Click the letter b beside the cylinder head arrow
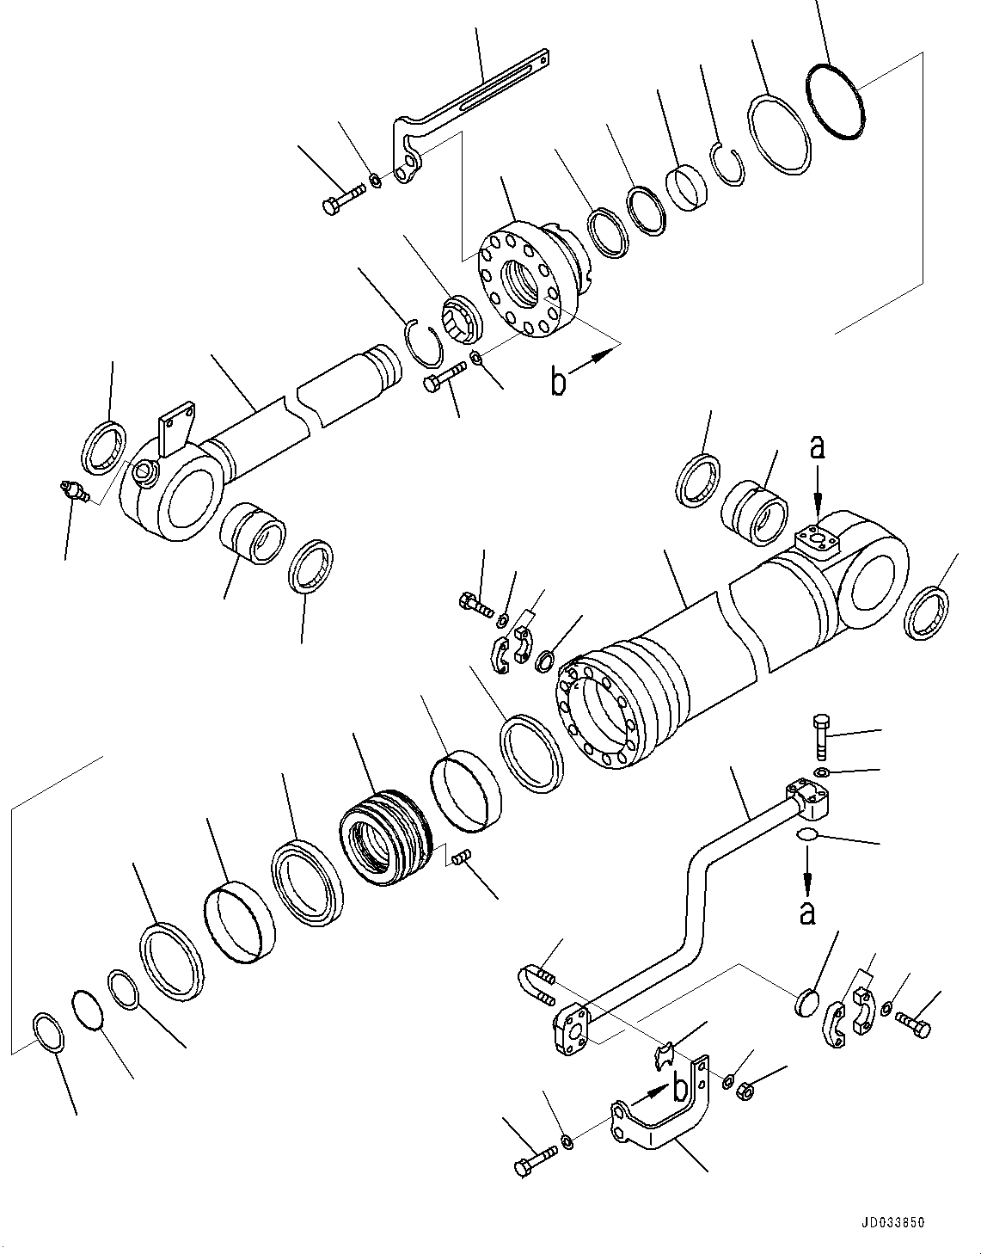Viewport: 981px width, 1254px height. click(559, 382)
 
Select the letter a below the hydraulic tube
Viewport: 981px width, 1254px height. click(806, 912)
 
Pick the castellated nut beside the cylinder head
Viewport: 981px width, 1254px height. click(462, 318)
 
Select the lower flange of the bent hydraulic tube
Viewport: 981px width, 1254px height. click(572, 1029)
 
